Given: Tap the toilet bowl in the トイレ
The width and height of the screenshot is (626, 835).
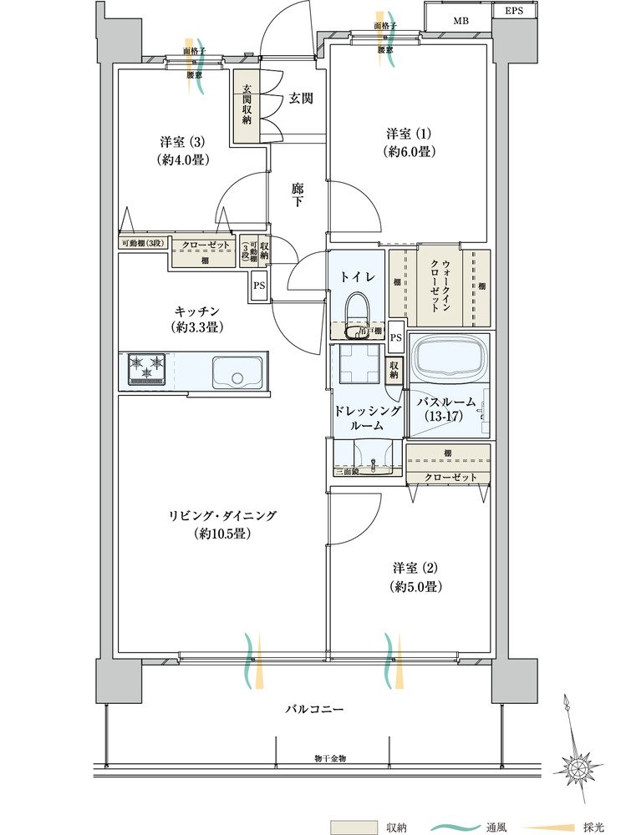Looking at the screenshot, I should click(359, 311).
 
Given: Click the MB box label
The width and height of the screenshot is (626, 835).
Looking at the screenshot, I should click(461, 20).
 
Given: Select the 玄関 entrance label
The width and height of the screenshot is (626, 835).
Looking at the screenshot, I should click(302, 99).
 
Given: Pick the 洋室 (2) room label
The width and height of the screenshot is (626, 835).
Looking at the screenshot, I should click(415, 576).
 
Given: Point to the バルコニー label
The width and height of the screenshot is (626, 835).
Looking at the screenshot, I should click(314, 709).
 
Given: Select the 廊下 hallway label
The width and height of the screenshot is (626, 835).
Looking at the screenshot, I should click(298, 195).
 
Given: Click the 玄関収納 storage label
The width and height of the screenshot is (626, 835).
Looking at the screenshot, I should click(247, 105).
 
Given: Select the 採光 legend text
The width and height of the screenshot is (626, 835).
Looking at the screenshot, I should click(594, 827).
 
